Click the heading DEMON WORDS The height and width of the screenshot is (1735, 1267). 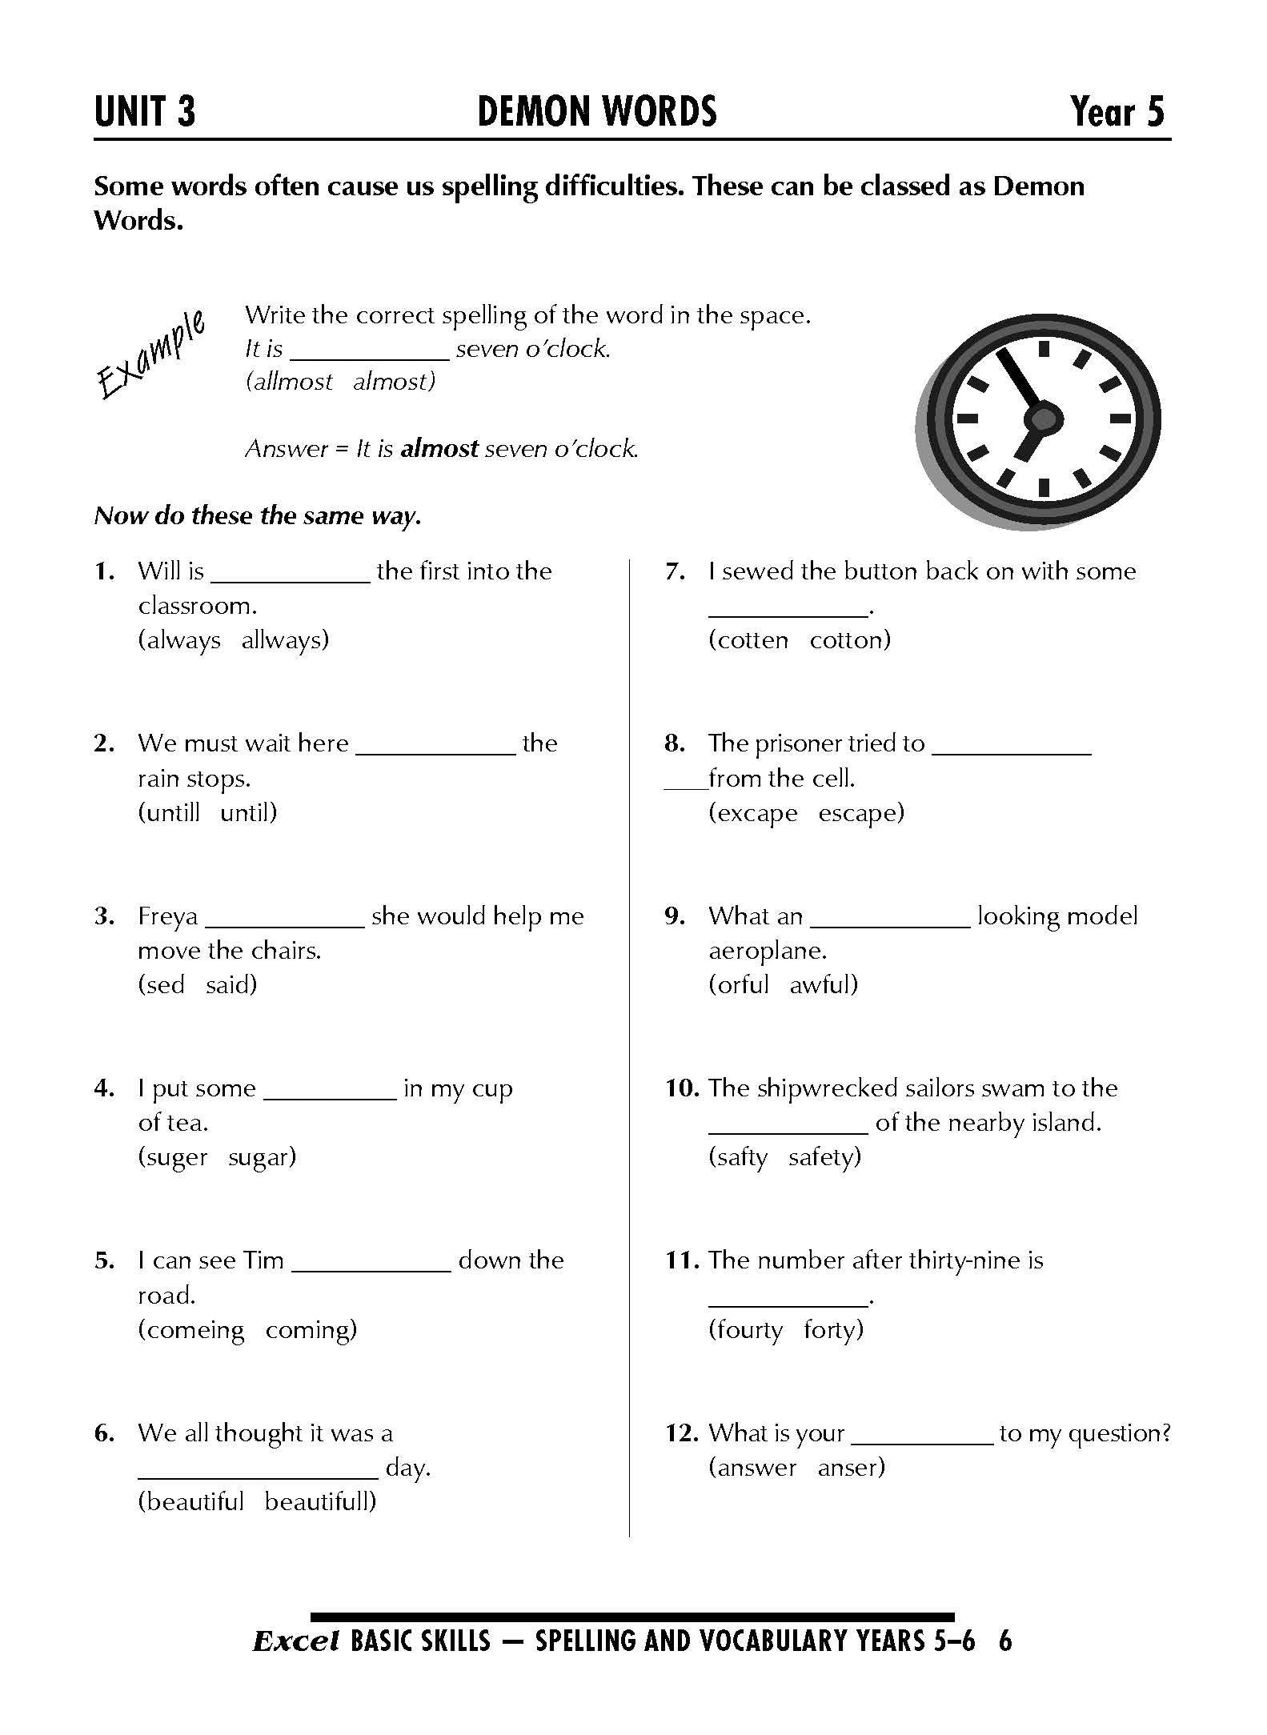point(596,112)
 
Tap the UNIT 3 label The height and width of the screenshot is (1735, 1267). point(145,112)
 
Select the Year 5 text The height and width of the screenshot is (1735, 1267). point(1117,112)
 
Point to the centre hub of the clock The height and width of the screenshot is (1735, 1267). point(1043,418)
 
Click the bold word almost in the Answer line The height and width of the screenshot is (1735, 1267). point(439,448)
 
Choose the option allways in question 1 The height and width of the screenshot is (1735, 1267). point(285,640)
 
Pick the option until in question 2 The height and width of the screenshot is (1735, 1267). point(248,813)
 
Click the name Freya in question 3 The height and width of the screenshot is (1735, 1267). point(167,916)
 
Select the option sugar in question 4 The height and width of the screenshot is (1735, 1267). point(262,1157)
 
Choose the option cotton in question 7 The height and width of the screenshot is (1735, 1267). point(850,640)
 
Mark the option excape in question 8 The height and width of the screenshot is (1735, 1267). point(753,813)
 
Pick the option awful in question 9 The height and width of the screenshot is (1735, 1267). point(824,985)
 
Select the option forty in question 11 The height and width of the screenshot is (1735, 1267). point(833,1330)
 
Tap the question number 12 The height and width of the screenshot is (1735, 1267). point(682,1433)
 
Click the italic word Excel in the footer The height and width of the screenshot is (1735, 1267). point(296,1642)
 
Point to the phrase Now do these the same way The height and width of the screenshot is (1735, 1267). point(257,516)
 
